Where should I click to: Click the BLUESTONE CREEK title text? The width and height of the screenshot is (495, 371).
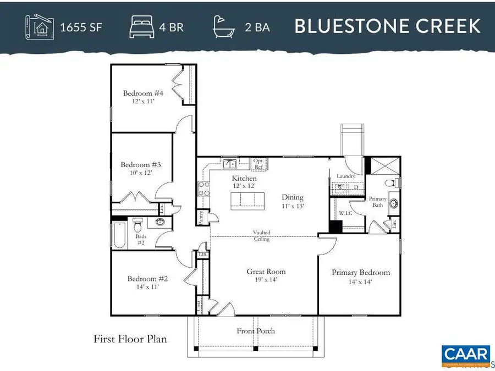click(388, 26)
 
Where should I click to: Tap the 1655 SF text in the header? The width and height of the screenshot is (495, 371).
click(81, 26)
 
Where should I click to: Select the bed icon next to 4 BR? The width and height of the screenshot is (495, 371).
click(141, 26)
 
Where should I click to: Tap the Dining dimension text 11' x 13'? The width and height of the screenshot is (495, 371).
click(292, 206)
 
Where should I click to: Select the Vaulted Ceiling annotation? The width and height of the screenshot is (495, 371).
click(262, 236)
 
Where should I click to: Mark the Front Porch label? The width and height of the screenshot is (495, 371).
click(256, 331)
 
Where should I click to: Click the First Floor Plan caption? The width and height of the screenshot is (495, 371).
click(130, 339)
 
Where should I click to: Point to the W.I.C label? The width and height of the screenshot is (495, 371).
click(345, 213)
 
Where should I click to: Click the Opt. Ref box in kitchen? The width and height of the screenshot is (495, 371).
click(258, 163)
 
